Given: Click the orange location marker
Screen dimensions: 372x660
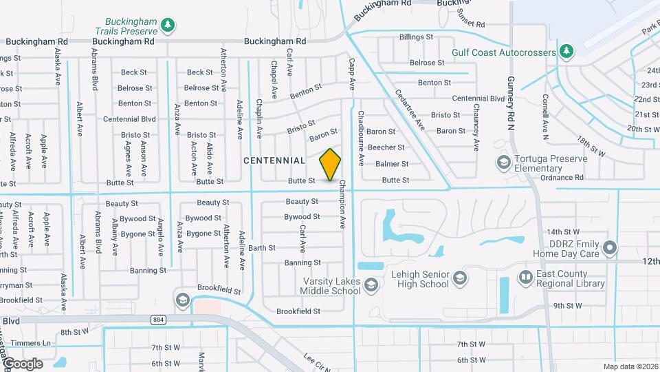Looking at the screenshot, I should pos(331,165).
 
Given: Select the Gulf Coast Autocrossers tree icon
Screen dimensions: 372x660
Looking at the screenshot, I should pos(566,52).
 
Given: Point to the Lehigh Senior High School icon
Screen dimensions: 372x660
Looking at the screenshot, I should pos(460,278).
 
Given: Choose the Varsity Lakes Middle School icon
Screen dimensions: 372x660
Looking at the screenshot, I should pos(371,285).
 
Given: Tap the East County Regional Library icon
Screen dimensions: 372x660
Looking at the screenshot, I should pos(525,277).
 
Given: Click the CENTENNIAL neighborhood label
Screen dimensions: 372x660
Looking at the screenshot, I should pos(274,161).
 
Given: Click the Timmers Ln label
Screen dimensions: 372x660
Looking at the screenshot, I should pos(36,342).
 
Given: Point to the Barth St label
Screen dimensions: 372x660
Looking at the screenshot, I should pos(262,247).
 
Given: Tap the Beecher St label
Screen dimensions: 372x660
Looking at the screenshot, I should pos(386,147).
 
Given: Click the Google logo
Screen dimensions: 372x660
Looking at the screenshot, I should pos(22,363).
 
